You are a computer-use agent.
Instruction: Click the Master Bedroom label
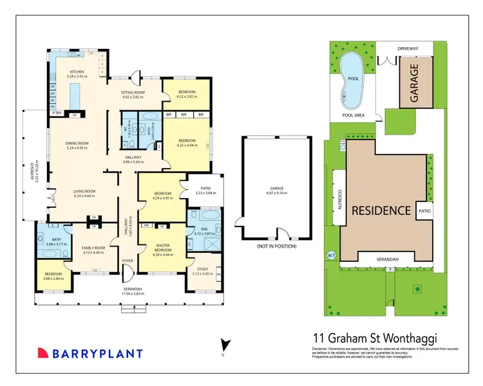pyautogui.click(x=162, y=247)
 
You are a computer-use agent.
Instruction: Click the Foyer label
pyautogui.click(x=129, y=261)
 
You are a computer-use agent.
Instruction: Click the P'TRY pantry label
pyautogui.click(x=57, y=114)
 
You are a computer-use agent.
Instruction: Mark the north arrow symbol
pyautogui.click(x=223, y=345)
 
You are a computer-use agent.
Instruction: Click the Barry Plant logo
pyautogui.click(x=90, y=353)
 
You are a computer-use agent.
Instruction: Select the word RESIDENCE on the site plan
pyautogui.click(x=381, y=210)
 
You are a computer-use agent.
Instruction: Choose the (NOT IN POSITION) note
pyautogui.click(x=277, y=246)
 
